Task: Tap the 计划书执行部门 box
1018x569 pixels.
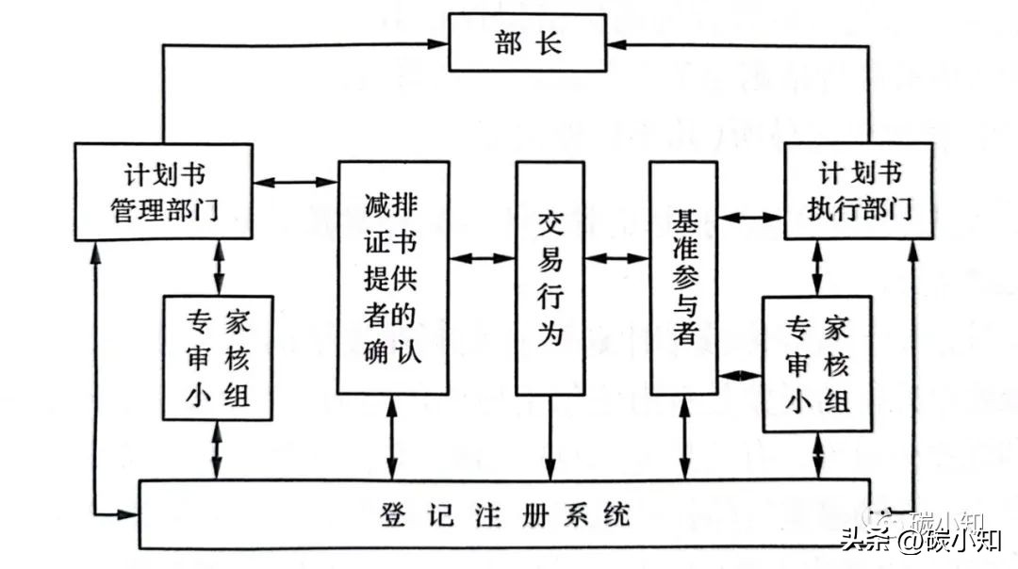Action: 858,191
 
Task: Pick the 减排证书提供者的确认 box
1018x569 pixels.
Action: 392,277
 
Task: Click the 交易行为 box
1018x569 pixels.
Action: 550,279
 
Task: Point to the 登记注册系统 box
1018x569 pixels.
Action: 504,514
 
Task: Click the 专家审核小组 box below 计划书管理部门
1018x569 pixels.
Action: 218,358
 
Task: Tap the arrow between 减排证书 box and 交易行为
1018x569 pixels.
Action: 483,257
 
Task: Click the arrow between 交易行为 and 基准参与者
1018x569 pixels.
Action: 617,257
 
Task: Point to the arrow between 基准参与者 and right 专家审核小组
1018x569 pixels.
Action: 741,375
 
